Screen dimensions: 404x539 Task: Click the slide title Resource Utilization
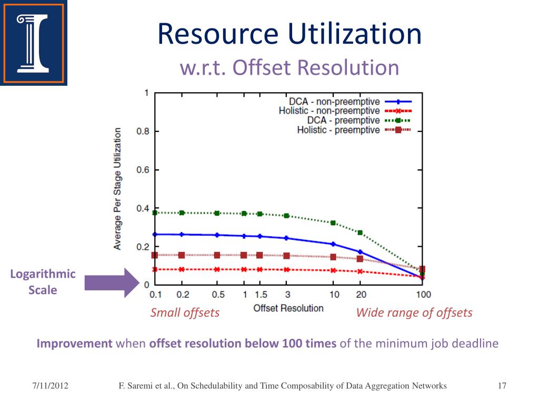pos(290,34)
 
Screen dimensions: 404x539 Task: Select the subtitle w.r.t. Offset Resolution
pos(290,67)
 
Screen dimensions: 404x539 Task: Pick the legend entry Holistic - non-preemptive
pos(329,111)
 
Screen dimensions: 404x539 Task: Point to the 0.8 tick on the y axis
pos(142,132)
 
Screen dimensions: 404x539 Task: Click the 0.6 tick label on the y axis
pos(142,170)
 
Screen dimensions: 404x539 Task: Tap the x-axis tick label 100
pos(423,295)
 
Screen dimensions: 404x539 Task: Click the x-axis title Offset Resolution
pos(288,308)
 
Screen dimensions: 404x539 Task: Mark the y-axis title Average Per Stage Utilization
pos(117,188)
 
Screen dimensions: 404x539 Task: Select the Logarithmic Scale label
pos(43,282)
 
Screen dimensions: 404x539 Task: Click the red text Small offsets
pos(185,313)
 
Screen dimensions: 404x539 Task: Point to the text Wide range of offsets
pos(414,313)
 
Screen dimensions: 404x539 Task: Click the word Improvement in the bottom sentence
pos(74,344)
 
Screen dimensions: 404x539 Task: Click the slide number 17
pos(502,386)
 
